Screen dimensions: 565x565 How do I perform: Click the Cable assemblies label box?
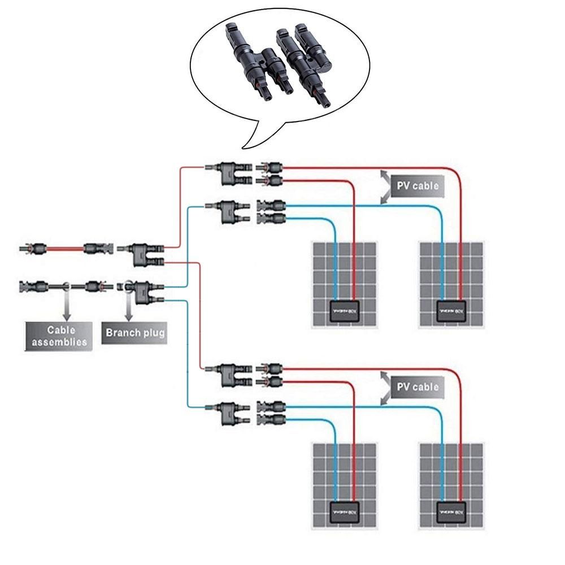tap(58, 336)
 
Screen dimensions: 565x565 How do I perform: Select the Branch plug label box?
tap(135, 333)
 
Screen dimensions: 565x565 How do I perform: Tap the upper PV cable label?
tap(418, 185)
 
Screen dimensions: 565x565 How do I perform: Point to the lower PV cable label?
tap(418, 387)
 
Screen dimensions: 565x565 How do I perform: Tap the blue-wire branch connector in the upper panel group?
tap(229, 211)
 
